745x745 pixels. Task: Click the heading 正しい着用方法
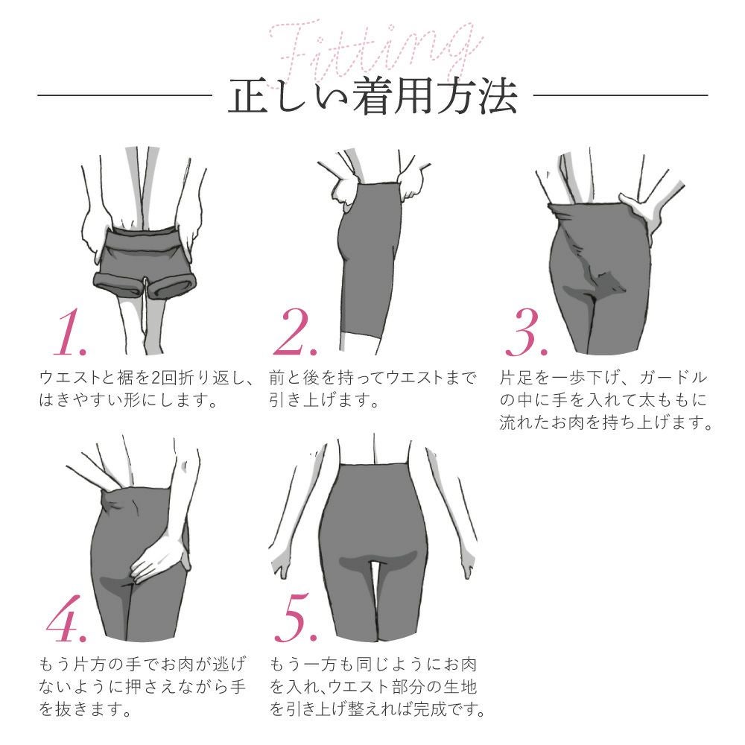[372, 98]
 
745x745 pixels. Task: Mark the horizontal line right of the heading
[621, 95]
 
